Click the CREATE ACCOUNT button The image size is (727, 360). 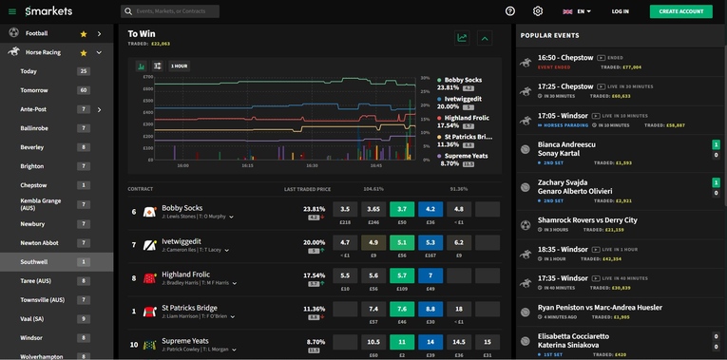pos(680,11)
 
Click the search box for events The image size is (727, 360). pos(171,11)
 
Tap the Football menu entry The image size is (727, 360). pos(37,33)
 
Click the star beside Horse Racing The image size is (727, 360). pos(84,52)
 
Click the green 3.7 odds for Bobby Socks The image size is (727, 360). pos(402,209)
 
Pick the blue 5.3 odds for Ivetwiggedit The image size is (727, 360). pos(430,242)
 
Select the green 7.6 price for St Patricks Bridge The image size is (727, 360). pos(402,309)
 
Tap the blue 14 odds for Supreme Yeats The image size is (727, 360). pos(430,342)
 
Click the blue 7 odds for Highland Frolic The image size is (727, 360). pos(430,275)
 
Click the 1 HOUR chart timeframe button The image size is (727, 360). pos(180,66)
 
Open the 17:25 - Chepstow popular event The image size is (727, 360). pos(565,86)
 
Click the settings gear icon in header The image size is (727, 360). pos(538,11)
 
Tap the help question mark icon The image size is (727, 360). pos(510,11)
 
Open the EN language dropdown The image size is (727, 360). pos(577,11)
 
